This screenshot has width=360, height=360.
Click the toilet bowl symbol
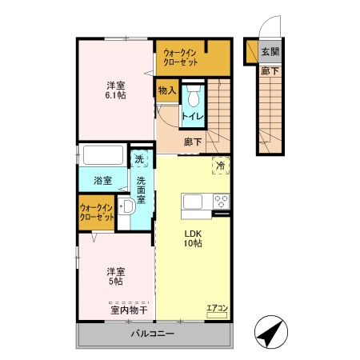click(x=194, y=96)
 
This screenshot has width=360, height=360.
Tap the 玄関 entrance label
click(x=270, y=52)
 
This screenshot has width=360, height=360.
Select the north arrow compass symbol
click(x=271, y=332)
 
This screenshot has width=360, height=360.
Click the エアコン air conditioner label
click(x=218, y=308)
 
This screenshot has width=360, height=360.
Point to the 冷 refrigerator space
click(x=221, y=166)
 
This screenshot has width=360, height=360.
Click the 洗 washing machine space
click(x=139, y=159)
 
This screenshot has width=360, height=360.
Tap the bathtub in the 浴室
click(x=103, y=155)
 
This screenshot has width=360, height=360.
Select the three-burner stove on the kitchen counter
click(x=222, y=202)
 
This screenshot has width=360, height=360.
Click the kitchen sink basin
click(x=193, y=202)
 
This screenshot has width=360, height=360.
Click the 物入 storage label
click(x=167, y=90)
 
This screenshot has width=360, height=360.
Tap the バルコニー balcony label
click(x=153, y=334)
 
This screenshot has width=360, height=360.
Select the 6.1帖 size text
click(x=116, y=95)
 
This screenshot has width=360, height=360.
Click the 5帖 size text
click(x=116, y=282)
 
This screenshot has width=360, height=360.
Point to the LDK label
click(x=193, y=234)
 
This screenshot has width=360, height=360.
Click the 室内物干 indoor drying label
click(x=129, y=310)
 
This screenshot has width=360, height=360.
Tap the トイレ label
click(x=193, y=116)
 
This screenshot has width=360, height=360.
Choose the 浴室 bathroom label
click(x=102, y=181)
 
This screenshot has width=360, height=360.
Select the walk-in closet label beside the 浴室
click(x=97, y=212)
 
